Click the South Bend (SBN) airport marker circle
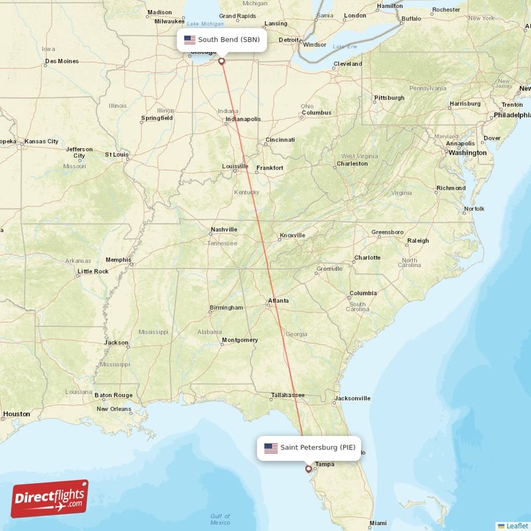click(x=222, y=61)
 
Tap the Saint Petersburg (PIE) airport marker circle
click(x=308, y=469)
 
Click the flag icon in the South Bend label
click(x=190, y=40)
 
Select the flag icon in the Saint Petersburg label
click(x=271, y=448)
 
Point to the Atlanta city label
click(x=278, y=301)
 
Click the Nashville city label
click(x=224, y=230)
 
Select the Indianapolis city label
click(x=242, y=119)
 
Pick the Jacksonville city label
click(x=352, y=399)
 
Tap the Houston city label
click(x=17, y=414)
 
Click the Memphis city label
click(x=118, y=260)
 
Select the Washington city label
click(x=467, y=153)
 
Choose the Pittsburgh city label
click(x=389, y=98)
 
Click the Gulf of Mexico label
click(x=220, y=519)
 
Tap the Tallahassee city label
click(x=287, y=396)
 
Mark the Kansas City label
click(x=41, y=141)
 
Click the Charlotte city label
click(x=367, y=258)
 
